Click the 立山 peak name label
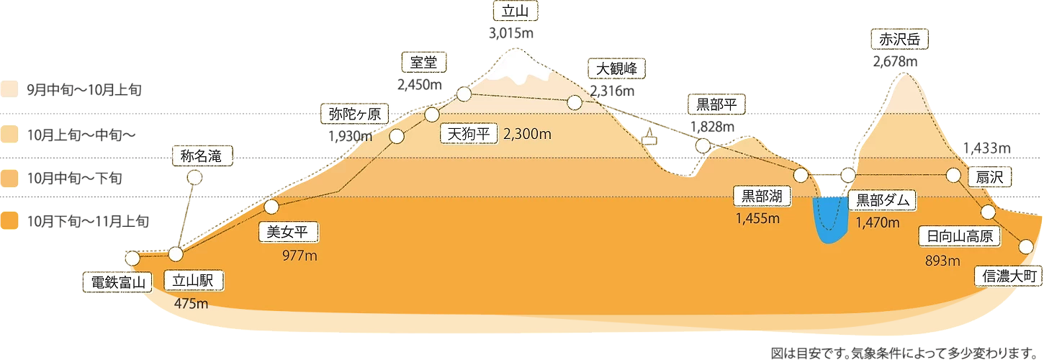[x=516, y=12]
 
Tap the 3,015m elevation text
[x=511, y=33]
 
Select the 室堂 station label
[x=423, y=62]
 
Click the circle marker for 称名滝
[x=194, y=178]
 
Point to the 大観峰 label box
[x=616, y=68]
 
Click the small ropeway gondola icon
[x=649, y=137]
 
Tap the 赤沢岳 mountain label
[x=899, y=39]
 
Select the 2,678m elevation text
[x=895, y=61]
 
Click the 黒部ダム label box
[x=882, y=200]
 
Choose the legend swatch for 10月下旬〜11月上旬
[x=9, y=220]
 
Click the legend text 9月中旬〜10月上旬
[x=84, y=89]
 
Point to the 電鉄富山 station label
[x=117, y=282]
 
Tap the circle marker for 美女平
[x=271, y=207]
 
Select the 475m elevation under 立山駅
[x=191, y=304]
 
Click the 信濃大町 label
[x=1009, y=276]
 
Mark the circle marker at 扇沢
[x=953, y=176]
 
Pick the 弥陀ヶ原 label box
[x=355, y=114]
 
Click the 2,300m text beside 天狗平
[x=527, y=135]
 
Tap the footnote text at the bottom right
[x=904, y=353]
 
